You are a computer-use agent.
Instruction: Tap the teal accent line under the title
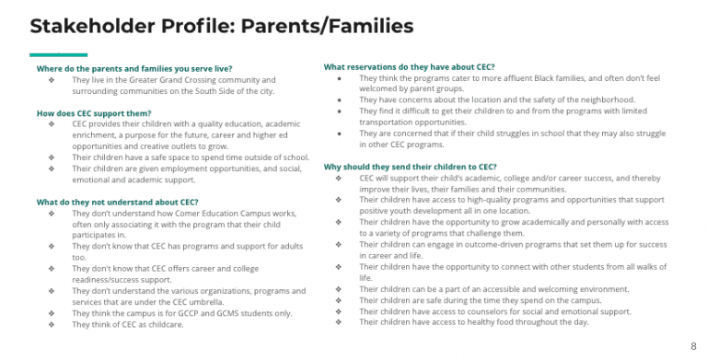pyautogui.click(x=58, y=55)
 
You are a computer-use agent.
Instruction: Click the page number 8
pyautogui.click(x=693, y=346)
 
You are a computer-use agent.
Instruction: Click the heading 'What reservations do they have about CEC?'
pyautogui.click(x=409, y=67)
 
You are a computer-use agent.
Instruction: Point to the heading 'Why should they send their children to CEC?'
pyautogui.click(x=411, y=167)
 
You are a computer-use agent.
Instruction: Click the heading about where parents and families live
pyautogui.click(x=134, y=68)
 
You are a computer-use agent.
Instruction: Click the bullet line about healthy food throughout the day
pyautogui.click(x=473, y=322)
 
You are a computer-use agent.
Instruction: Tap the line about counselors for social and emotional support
pyautogui.click(x=494, y=311)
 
